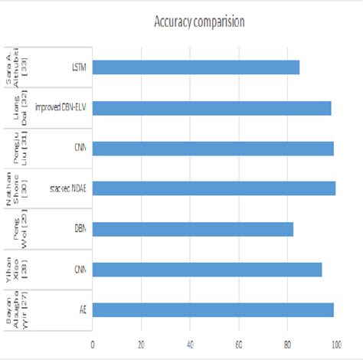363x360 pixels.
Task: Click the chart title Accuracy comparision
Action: [x=198, y=21]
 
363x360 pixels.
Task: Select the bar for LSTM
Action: [x=196, y=67]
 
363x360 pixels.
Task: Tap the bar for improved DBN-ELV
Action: [x=212, y=108]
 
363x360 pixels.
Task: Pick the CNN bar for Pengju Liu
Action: [x=213, y=148]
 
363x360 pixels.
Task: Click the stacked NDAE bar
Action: [x=214, y=188]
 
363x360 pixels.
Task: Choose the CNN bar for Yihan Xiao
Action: [x=207, y=269]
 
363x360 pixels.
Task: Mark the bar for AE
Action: [x=213, y=309]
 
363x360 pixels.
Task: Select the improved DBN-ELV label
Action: [x=61, y=108]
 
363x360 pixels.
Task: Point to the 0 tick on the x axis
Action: [x=93, y=342]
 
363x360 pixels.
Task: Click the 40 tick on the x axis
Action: [x=191, y=342]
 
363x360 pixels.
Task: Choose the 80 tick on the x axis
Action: [x=288, y=342]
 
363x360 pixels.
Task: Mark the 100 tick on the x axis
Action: [x=336, y=342]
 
